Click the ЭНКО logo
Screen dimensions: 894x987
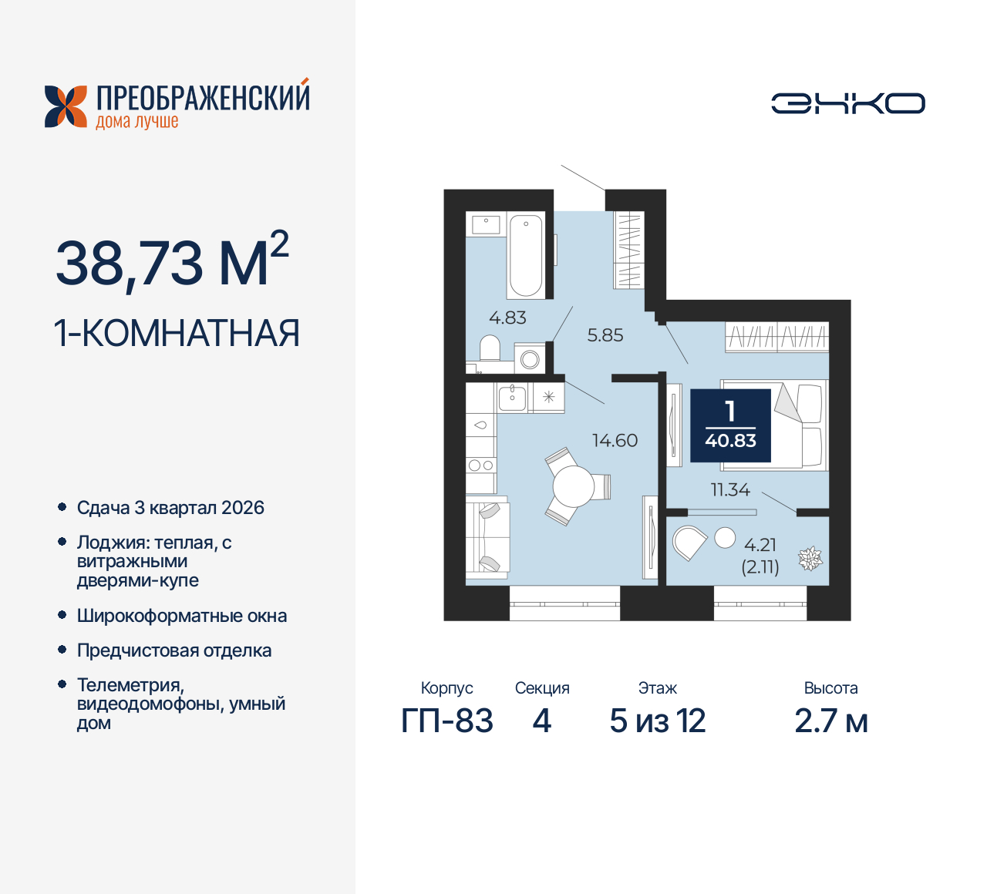point(847,103)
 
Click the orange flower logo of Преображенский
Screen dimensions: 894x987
point(66,106)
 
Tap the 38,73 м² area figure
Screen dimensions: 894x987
point(171,261)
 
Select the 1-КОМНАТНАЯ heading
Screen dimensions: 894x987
point(177,334)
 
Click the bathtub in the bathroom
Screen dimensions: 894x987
point(525,255)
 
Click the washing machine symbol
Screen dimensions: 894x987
point(530,358)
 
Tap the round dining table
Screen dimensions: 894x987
point(573,486)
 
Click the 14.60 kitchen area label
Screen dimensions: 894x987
point(615,441)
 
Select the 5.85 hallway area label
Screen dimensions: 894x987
point(605,335)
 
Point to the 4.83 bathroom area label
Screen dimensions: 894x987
point(507,318)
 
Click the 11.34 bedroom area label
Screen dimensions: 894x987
point(729,489)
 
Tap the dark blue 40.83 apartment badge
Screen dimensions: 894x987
point(730,425)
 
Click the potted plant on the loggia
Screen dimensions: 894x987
point(810,558)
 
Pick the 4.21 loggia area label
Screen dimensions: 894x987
point(760,545)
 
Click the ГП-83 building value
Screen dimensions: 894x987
point(447,721)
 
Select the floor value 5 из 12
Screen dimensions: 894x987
point(658,721)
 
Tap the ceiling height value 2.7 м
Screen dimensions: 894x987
point(831,721)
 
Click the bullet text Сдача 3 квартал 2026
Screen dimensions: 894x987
point(170,508)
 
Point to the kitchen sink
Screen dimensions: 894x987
point(512,398)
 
